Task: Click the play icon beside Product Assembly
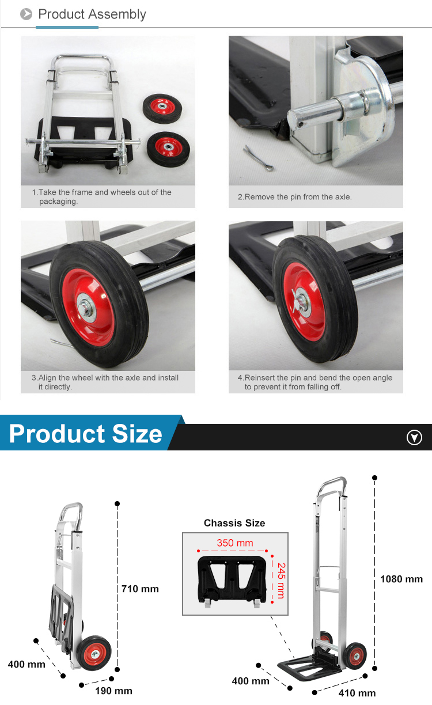pos(26,14)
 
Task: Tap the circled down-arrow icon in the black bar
pos(414,438)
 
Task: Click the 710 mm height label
pos(140,589)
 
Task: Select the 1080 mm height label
pos(401,579)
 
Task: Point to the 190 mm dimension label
pos(113,691)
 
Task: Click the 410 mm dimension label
pos(357,693)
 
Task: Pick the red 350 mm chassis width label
pos(234,543)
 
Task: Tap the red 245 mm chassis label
pos(281,580)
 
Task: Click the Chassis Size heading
pos(234,523)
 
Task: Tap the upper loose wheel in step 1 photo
pos(162,108)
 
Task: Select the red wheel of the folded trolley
pos(96,653)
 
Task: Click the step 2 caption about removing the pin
pos(294,197)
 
